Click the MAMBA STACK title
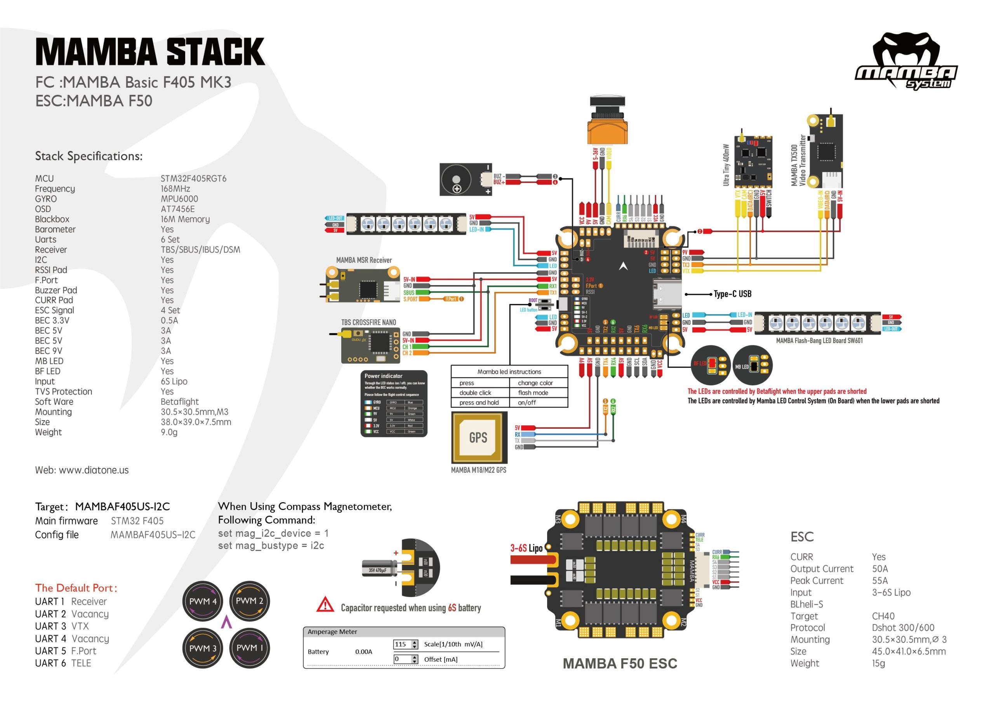pyautogui.click(x=150, y=52)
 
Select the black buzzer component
pyautogui.click(x=466, y=179)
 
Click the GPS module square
pyautogui.click(x=479, y=437)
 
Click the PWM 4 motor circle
pyautogui.click(x=203, y=601)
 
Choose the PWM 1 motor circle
pyautogui.click(x=249, y=647)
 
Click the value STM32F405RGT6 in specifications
pyautogui.click(x=193, y=178)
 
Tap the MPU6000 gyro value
pyautogui.click(x=179, y=199)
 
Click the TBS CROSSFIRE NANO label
pyautogui.click(x=368, y=322)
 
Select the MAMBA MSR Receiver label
pyautogui.click(x=364, y=260)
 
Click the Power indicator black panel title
pyautogui.click(x=383, y=376)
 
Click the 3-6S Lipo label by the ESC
pyautogui.click(x=526, y=548)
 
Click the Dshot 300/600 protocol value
pyautogui.click(x=903, y=628)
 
